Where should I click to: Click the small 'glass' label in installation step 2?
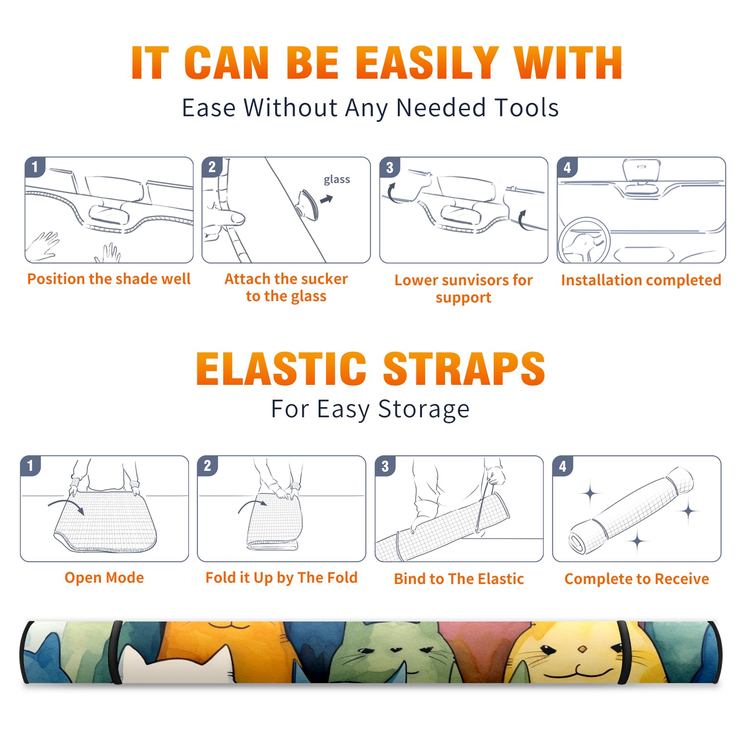click(337, 180)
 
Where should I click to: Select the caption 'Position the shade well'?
click(109, 279)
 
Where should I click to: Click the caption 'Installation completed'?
click(641, 280)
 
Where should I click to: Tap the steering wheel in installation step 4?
click(584, 240)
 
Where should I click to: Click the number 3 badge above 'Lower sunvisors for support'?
click(389, 167)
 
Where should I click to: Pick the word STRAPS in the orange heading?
click(464, 369)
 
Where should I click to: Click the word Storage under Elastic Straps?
click(424, 409)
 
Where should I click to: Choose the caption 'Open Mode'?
click(104, 578)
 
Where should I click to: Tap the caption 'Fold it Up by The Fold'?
click(282, 578)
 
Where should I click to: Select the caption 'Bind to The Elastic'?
click(459, 579)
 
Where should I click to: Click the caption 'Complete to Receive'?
click(637, 579)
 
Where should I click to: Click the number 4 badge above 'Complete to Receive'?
click(563, 466)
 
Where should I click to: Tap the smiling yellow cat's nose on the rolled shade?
click(583, 649)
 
